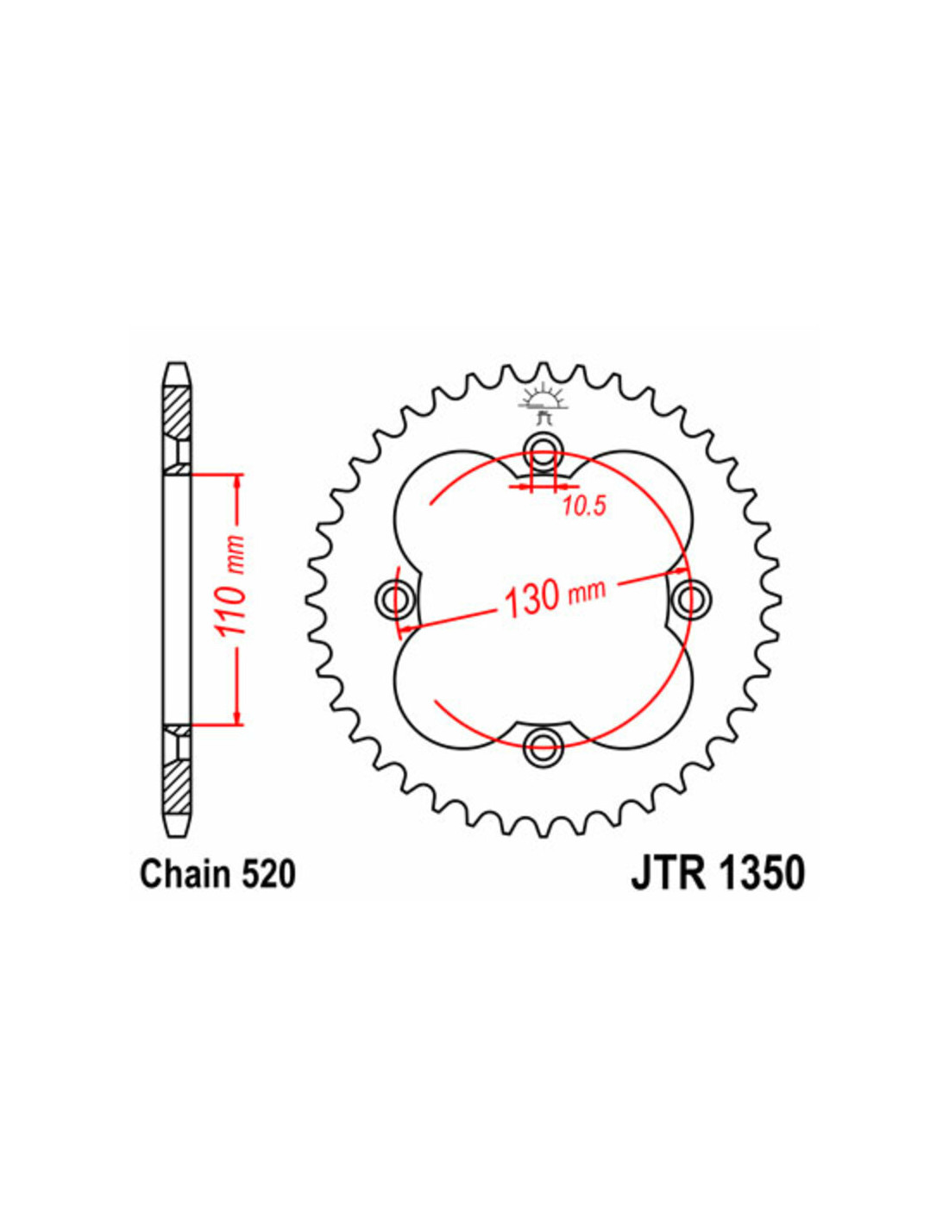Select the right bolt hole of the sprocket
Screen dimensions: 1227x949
[691, 597]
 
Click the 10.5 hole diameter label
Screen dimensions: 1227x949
[584, 505]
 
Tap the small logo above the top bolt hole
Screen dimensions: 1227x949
[542, 403]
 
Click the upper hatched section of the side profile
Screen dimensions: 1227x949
[175, 413]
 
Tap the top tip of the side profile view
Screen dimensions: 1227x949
[176, 365]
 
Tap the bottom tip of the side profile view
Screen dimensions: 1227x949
[176, 834]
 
